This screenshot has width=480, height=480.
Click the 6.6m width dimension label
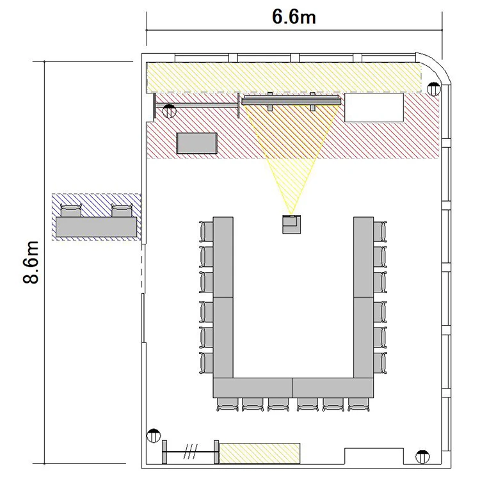point(294,17)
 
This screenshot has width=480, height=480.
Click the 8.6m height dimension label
point(31,262)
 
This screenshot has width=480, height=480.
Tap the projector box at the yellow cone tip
point(291,225)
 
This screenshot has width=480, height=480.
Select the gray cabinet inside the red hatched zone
point(197,143)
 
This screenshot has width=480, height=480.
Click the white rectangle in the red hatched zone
point(374,108)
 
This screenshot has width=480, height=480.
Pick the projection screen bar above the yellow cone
point(291,100)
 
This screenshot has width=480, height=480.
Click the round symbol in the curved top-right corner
point(433,89)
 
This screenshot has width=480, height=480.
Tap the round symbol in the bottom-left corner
point(154,436)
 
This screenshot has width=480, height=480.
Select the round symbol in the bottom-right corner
point(422,457)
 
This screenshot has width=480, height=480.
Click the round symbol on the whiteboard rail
point(170,111)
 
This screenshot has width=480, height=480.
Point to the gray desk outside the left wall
point(96,227)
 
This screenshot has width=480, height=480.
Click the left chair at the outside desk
point(71,211)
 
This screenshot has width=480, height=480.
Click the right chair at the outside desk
point(122,211)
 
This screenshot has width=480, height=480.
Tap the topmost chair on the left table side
point(206,231)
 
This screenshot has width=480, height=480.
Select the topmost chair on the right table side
point(380,231)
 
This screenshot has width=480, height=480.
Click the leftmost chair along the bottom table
point(227,404)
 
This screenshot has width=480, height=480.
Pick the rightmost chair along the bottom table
point(359,404)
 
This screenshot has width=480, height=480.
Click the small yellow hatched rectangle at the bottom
point(260,453)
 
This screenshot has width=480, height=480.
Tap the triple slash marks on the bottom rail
point(191,452)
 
